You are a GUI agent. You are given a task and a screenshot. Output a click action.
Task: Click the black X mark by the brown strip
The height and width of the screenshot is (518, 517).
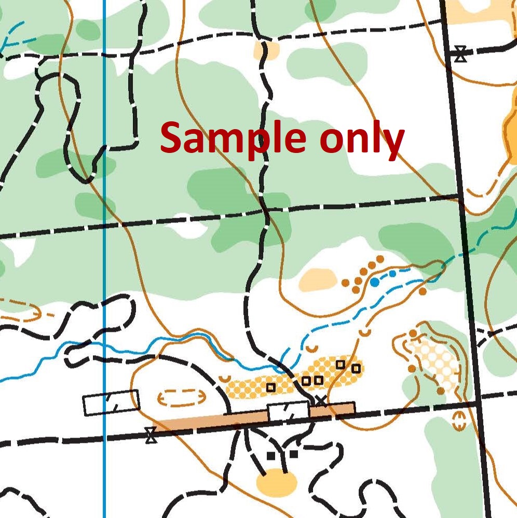pos(321,400)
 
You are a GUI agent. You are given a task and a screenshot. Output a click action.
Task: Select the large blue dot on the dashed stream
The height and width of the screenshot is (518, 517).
pos(374,282)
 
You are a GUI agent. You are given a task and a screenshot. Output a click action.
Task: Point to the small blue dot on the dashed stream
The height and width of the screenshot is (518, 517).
pos(392,273)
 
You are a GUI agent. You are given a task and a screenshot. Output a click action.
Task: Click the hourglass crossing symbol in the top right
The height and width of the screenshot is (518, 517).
pos(460,54)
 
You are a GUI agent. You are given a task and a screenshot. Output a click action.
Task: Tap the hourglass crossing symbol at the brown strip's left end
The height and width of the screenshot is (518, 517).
pos(151,435)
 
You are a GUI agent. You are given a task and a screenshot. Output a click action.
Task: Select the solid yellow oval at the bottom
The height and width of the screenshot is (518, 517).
pos(277,482)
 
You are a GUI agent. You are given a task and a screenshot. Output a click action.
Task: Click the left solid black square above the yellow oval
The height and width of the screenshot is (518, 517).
pos(270,456)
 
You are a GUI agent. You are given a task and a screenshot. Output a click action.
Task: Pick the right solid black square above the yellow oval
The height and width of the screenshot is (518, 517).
pos(294,454)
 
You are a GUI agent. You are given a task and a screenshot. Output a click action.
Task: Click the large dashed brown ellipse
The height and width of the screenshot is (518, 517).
pos(182,398)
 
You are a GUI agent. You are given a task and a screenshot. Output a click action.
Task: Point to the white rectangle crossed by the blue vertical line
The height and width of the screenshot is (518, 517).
pos(111,402)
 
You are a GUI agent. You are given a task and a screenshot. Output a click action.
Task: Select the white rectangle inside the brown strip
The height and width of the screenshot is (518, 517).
pos(288,411)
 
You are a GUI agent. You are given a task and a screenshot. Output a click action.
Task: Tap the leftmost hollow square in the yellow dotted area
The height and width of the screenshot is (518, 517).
pos(270,387)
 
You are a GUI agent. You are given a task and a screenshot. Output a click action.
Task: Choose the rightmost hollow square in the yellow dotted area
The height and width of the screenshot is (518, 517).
pos(356,369)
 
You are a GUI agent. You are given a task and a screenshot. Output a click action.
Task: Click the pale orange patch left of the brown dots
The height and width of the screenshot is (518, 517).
pos(318,279)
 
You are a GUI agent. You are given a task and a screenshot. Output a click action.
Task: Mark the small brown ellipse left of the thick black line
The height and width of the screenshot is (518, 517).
pos(458,421)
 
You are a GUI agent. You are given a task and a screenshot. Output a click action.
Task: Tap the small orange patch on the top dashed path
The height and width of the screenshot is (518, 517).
pos(267,50)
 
